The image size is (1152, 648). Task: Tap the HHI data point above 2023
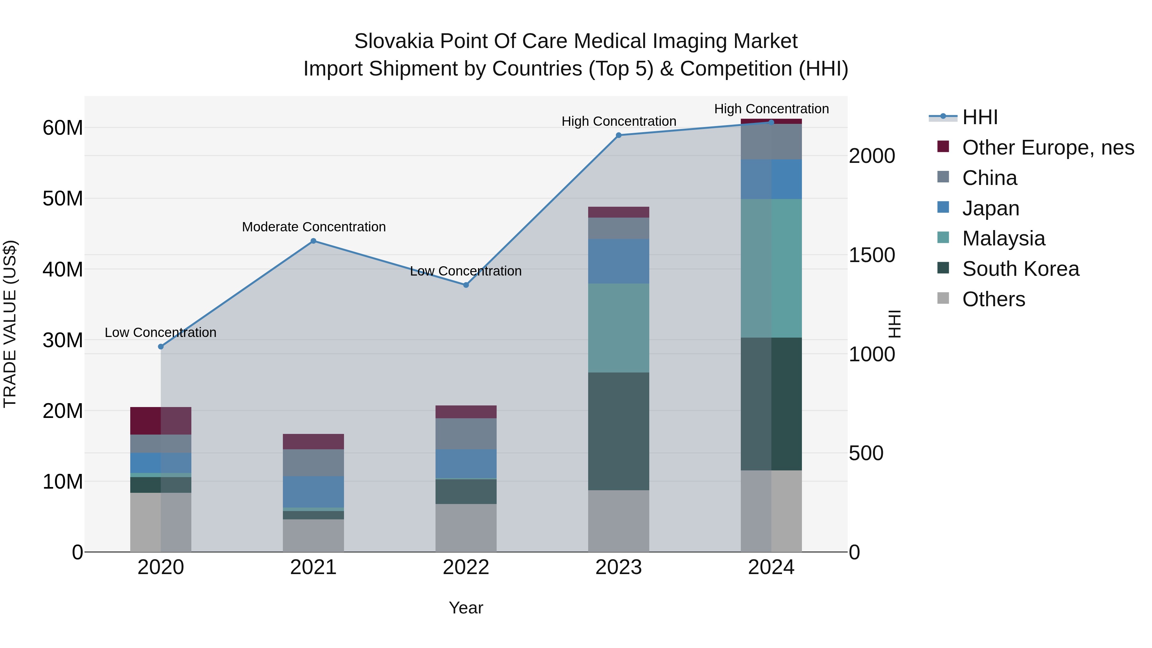pyautogui.click(x=619, y=135)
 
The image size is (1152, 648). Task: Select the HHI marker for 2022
pyautogui.click(x=466, y=285)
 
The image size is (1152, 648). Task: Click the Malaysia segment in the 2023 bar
pyautogui.click(x=619, y=328)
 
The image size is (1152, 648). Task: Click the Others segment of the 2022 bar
pyautogui.click(x=466, y=528)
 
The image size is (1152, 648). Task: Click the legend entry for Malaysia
pyautogui.click(x=1003, y=238)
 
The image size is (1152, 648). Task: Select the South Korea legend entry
pyautogui.click(x=1020, y=269)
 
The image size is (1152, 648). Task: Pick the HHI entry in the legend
pyautogui.click(x=980, y=117)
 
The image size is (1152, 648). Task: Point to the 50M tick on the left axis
pyautogui.click(x=63, y=198)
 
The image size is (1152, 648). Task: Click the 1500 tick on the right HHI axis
pyautogui.click(x=872, y=255)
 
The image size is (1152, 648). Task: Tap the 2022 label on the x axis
pyautogui.click(x=466, y=567)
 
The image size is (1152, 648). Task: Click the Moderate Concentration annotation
pyautogui.click(x=314, y=227)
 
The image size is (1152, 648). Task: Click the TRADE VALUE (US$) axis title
pyautogui.click(x=10, y=324)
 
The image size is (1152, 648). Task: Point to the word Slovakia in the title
pyautogui.click(x=394, y=41)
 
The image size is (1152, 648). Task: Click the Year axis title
pyautogui.click(x=466, y=608)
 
